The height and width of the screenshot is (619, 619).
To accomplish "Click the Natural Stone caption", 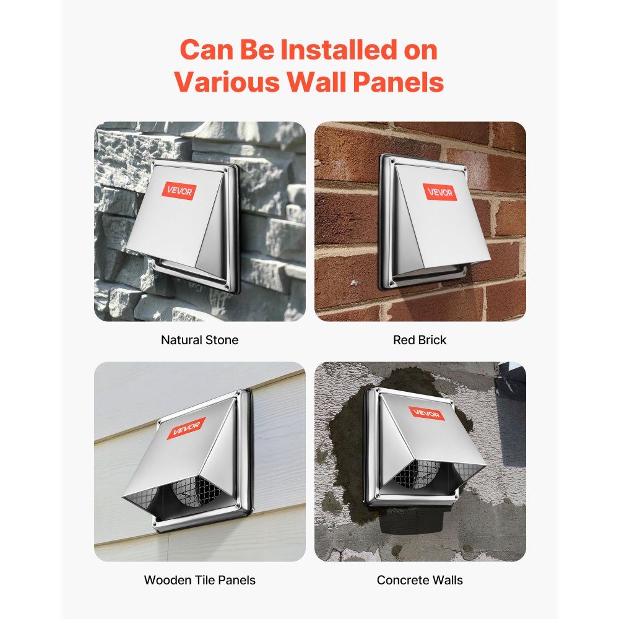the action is coord(200,340).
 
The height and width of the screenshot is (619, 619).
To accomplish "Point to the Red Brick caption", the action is coord(420,340).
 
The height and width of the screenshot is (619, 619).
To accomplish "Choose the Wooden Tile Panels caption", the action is coord(200,580).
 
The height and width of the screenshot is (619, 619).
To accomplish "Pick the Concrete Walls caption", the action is coord(420,580).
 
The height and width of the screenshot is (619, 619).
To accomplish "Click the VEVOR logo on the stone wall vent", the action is coord(180,191).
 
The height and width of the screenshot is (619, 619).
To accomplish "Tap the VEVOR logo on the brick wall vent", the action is coord(439,193).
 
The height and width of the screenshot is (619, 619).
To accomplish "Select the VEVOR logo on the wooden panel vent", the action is coord(186,428).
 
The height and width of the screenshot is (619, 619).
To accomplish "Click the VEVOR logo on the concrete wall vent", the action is coord(426,413).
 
